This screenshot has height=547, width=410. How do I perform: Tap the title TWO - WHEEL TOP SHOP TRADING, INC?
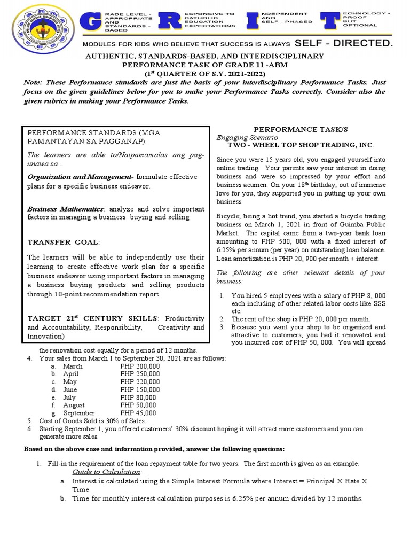[x=301, y=145]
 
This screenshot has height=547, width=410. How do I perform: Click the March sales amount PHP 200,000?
[x=140, y=366]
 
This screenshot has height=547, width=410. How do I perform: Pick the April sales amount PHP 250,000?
[x=140, y=374]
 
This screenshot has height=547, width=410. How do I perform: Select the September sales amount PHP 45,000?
[x=138, y=413]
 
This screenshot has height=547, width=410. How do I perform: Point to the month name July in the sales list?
[x=70, y=397]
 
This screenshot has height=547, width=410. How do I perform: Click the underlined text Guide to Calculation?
[x=107, y=472]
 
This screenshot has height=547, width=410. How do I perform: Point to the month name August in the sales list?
[x=74, y=405]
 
